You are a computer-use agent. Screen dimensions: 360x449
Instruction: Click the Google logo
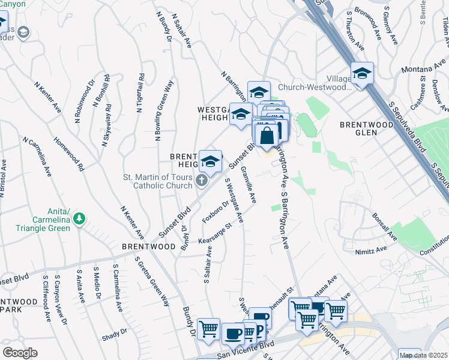[x=20, y=353]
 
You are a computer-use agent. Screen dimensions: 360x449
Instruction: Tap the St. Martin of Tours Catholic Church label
[x=158, y=181]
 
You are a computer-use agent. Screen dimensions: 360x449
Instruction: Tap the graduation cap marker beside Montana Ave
[x=362, y=74]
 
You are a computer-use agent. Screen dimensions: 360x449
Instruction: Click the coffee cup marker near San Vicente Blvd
[x=233, y=333]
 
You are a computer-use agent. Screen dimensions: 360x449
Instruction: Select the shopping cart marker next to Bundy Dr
[x=208, y=329]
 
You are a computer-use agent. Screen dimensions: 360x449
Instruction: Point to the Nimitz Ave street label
[x=370, y=251]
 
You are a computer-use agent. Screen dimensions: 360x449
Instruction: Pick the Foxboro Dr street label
[x=215, y=212]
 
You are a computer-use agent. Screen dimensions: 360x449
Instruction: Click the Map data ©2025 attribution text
[x=423, y=355]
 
